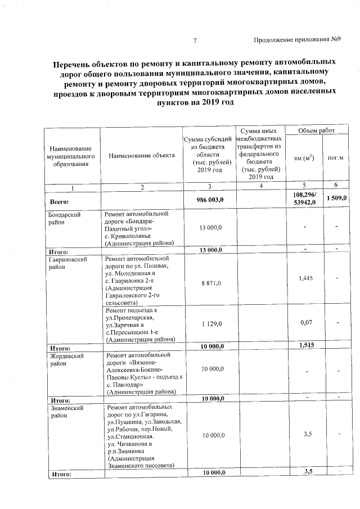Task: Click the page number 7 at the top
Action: tap(195, 40)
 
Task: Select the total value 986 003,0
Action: tap(210, 200)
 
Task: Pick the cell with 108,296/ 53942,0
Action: tap(304, 198)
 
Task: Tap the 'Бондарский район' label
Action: tap(63, 218)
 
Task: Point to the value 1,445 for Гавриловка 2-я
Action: tap(305, 278)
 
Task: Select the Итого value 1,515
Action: tap(305, 345)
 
